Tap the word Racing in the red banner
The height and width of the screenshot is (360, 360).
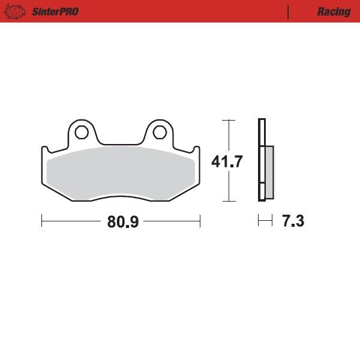tap(334, 11)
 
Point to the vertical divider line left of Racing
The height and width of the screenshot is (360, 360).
tap(289, 11)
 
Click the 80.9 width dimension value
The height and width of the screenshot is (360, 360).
tap(123, 222)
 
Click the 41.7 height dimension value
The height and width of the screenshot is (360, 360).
tap(227, 161)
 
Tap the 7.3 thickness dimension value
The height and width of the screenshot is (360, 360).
tap(293, 221)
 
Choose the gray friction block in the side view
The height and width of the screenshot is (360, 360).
tap(269, 172)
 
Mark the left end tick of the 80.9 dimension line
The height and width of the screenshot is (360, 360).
tap(41, 221)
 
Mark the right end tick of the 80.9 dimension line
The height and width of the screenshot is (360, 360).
tap(200, 221)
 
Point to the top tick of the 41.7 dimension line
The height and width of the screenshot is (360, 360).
tap(227, 120)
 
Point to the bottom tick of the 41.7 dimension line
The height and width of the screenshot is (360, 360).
tap(227, 202)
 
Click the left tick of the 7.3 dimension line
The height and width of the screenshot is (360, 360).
tap(259, 221)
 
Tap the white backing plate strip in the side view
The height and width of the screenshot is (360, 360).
tap(261, 161)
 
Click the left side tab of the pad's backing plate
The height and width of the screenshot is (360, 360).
tap(44, 150)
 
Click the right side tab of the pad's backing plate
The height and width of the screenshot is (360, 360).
tap(196, 150)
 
